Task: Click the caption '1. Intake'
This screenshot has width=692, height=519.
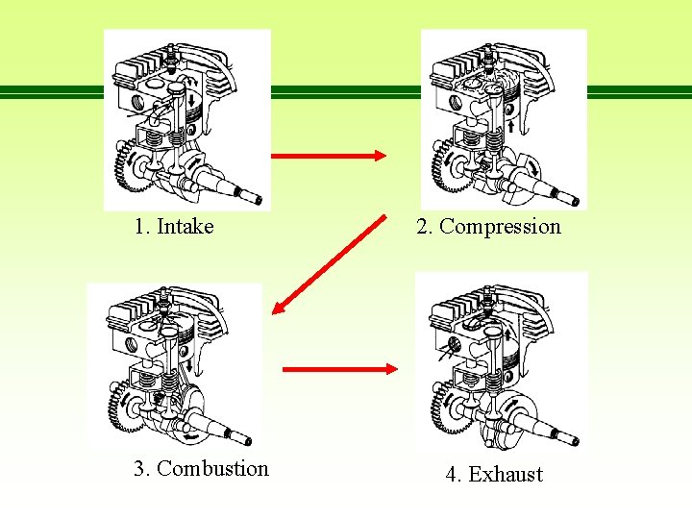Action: pyautogui.click(x=174, y=227)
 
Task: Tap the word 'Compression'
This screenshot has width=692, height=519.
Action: pyautogui.click(x=500, y=227)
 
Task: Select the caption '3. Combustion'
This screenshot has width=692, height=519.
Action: pyautogui.click(x=201, y=468)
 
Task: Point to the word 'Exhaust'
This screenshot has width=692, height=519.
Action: pyautogui.click(x=506, y=474)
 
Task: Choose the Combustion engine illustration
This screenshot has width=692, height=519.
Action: pyautogui.click(x=174, y=364)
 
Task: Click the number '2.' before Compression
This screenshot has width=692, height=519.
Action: pyautogui.click(x=425, y=227)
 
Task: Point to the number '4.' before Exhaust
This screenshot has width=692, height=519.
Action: pyautogui.click(x=453, y=474)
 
